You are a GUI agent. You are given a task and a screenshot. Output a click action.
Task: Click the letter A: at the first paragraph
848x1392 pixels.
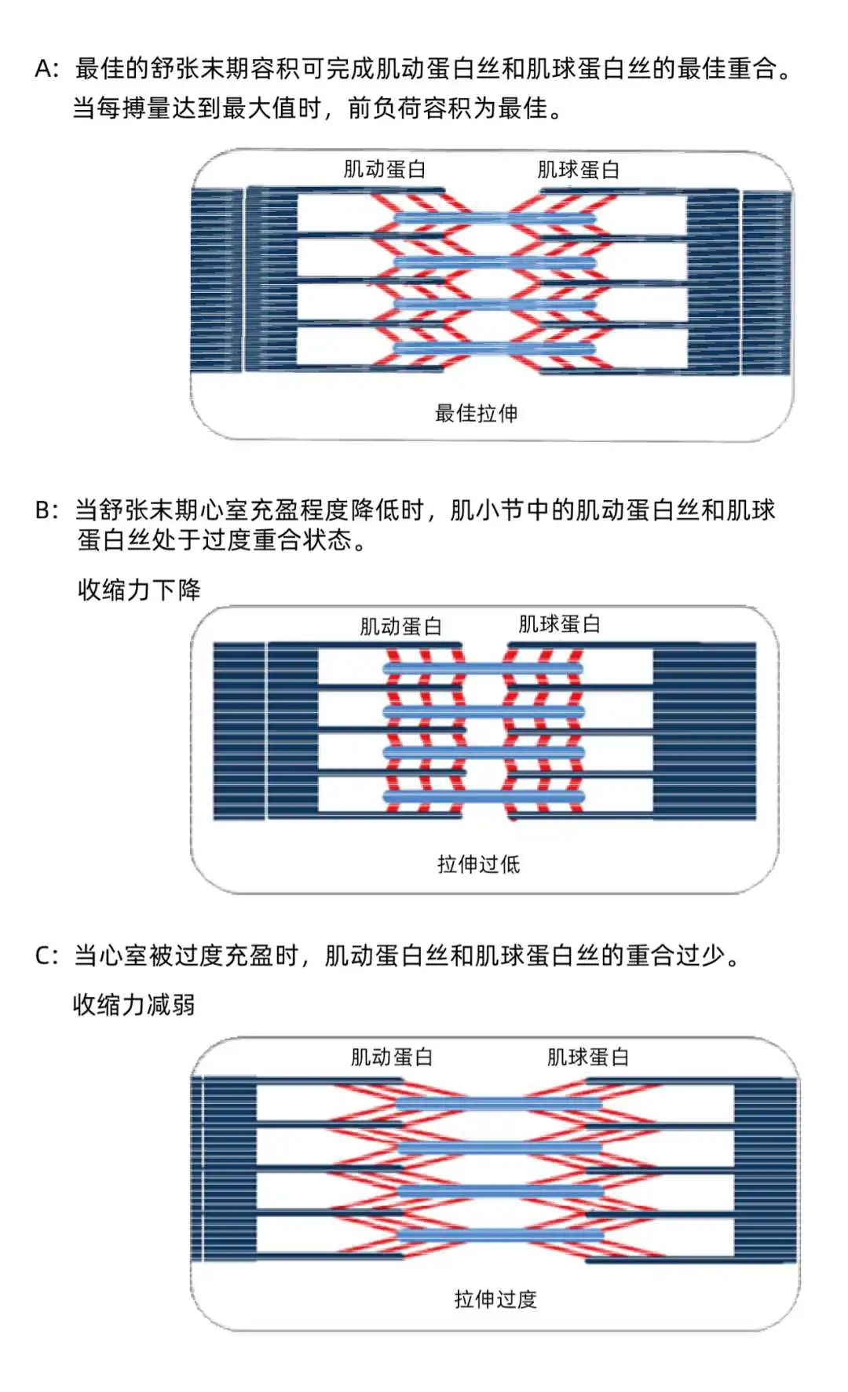click(46, 69)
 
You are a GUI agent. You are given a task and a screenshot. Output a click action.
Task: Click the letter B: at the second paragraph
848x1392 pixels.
click(46, 510)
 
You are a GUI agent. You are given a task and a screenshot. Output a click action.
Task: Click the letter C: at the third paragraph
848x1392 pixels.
click(46, 955)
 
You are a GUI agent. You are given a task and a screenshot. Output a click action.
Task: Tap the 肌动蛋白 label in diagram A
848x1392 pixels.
click(384, 170)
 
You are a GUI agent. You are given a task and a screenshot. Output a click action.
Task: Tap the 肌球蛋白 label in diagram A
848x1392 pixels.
click(578, 170)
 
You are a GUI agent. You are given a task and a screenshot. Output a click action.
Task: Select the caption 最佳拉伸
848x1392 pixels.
click(476, 413)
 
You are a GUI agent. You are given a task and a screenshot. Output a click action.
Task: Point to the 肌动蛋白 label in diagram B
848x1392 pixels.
click(400, 627)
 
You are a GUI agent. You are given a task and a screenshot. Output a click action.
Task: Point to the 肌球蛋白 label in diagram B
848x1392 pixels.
click(559, 625)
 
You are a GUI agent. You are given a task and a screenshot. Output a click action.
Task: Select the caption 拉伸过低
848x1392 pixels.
click(478, 864)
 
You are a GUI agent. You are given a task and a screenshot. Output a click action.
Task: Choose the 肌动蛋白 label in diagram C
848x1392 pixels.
click(391, 1058)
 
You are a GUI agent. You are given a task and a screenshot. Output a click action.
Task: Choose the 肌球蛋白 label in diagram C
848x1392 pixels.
click(587, 1058)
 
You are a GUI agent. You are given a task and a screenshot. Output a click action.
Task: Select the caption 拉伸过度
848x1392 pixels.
click(495, 1299)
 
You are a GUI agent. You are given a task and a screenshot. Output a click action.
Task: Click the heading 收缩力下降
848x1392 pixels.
click(139, 590)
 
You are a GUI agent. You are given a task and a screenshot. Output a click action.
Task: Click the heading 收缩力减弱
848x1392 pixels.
click(133, 1004)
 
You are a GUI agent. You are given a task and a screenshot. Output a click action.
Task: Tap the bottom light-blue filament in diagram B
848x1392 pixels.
click(483, 797)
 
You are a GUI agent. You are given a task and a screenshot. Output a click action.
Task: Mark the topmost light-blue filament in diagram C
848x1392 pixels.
click(499, 1104)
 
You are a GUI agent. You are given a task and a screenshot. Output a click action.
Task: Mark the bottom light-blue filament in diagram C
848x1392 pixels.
click(499, 1235)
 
